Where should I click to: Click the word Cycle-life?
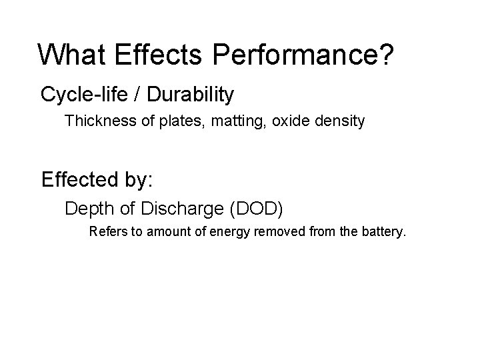tap(84, 95)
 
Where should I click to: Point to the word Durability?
tap(190, 95)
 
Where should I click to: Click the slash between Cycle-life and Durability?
tap(137, 95)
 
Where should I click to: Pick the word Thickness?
tap(94, 122)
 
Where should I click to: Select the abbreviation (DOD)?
tap(256, 209)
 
